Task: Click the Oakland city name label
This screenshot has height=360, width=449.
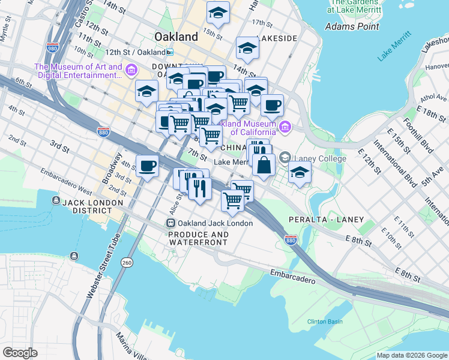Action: pos(176,37)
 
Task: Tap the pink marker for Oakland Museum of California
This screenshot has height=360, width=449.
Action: pos(285,127)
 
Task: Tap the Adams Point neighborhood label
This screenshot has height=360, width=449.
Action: pos(351,26)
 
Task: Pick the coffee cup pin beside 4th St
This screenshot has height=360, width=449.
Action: pos(147,166)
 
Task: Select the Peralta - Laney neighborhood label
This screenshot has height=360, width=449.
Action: pos(327,220)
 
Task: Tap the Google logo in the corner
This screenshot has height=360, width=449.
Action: pos(20,353)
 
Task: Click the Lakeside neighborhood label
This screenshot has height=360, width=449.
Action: pos(277,38)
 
